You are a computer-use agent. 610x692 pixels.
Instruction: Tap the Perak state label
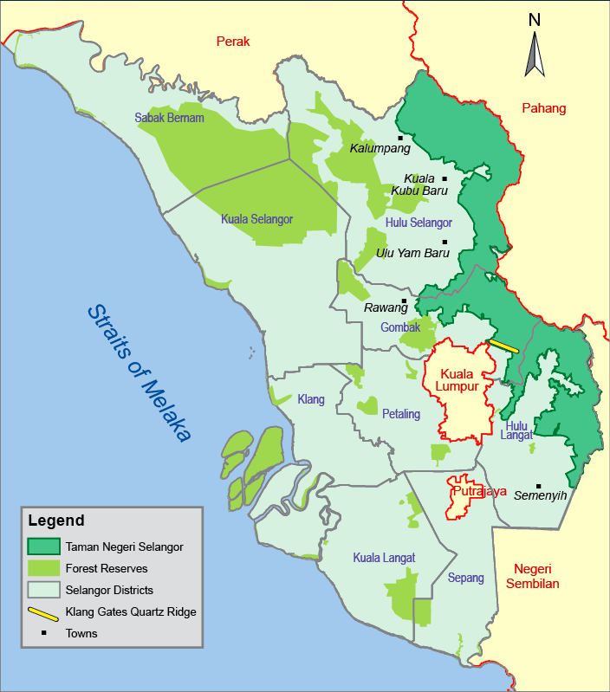(233, 41)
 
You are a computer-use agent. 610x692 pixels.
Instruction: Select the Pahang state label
(543, 108)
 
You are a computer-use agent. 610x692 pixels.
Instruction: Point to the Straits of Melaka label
(139, 373)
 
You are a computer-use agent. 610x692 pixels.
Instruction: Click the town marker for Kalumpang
(400, 138)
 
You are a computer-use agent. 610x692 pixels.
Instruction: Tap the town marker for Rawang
(404, 301)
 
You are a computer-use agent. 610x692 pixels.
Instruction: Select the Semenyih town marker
(538, 486)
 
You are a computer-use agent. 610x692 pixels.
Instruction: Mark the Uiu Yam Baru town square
(445, 243)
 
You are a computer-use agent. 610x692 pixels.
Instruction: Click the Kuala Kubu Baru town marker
(445, 178)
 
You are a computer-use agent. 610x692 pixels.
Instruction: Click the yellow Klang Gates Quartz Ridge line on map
(503, 345)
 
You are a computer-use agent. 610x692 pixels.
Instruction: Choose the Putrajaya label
(479, 491)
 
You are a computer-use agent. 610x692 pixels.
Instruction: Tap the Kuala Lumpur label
(457, 379)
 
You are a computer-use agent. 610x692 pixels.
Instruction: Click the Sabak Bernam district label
(169, 118)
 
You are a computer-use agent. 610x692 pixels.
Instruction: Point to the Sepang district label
(466, 578)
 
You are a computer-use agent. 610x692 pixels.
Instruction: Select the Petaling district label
(401, 414)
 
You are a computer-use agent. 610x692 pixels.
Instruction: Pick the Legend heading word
(56, 521)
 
